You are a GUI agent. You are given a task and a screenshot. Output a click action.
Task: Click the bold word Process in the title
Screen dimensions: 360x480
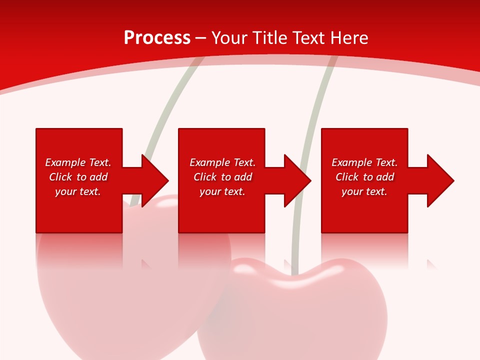(x=157, y=38)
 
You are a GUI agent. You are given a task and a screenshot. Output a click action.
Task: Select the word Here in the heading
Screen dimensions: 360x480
(x=349, y=38)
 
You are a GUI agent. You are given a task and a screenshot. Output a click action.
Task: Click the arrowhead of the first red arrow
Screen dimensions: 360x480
(x=155, y=180)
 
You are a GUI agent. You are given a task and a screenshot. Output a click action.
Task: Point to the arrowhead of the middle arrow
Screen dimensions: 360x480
(x=297, y=180)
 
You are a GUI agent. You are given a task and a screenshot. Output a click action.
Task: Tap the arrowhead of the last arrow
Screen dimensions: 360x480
(x=440, y=180)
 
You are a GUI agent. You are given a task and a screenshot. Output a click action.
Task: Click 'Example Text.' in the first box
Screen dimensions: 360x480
(x=78, y=162)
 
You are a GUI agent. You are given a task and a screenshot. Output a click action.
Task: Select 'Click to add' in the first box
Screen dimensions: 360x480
(x=78, y=177)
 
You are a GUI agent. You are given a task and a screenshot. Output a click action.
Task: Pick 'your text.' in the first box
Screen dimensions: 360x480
(x=78, y=191)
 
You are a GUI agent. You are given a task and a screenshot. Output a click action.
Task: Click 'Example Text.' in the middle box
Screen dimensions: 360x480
(x=222, y=162)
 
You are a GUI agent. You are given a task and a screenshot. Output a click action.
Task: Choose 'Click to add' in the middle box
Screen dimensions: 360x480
(x=222, y=177)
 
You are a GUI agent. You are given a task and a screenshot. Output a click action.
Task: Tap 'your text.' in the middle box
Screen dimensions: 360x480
(x=222, y=191)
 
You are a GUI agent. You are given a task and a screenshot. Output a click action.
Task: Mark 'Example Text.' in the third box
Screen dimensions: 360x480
(x=364, y=162)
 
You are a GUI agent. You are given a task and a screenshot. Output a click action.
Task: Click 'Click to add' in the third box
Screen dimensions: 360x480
(x=364, y=177)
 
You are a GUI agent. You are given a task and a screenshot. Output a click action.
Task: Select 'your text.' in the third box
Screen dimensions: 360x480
(x=364, y=191)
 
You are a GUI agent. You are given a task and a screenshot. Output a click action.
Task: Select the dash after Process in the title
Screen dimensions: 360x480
(x=201, y=38)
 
